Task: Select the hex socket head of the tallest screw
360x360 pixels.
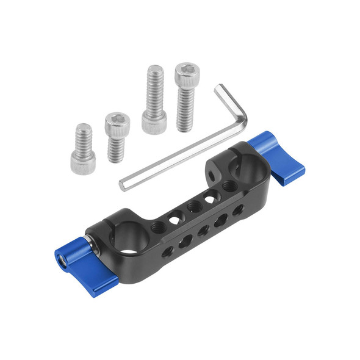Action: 187,74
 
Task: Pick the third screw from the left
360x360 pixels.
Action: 154,101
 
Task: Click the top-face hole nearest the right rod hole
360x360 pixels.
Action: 228,185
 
